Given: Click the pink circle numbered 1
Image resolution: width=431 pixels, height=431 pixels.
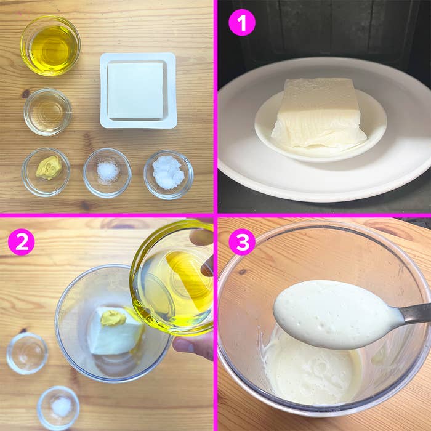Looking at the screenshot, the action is (x=242, y=22).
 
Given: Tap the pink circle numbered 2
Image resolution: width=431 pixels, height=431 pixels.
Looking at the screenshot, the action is (x=22, y=242).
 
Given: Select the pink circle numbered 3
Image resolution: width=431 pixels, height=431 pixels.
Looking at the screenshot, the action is (x=242, y=242).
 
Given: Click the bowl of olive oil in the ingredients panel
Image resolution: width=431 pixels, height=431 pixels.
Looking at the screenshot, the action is (x=50, y=46).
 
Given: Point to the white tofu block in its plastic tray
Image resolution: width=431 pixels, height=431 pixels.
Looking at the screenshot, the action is (x=135, y=91).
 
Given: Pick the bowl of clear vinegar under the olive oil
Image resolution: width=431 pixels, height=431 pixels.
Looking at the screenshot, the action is (x=48, y=112).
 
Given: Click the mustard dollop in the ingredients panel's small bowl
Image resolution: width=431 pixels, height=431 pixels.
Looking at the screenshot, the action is (x=49, y=167).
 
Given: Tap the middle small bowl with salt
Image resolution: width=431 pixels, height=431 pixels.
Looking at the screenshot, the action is (x=107, y=173).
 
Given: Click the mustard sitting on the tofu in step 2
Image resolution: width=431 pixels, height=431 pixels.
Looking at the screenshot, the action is (x=113, y=318).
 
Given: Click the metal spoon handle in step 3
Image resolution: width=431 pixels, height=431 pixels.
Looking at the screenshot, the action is (x=415, y=313).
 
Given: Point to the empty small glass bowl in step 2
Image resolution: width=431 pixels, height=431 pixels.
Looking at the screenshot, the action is (x=27, y=353).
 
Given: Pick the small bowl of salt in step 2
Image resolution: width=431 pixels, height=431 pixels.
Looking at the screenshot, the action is (x=58, y=408).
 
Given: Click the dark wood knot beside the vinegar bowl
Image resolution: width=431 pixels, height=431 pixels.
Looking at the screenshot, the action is (x=26, y=94).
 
